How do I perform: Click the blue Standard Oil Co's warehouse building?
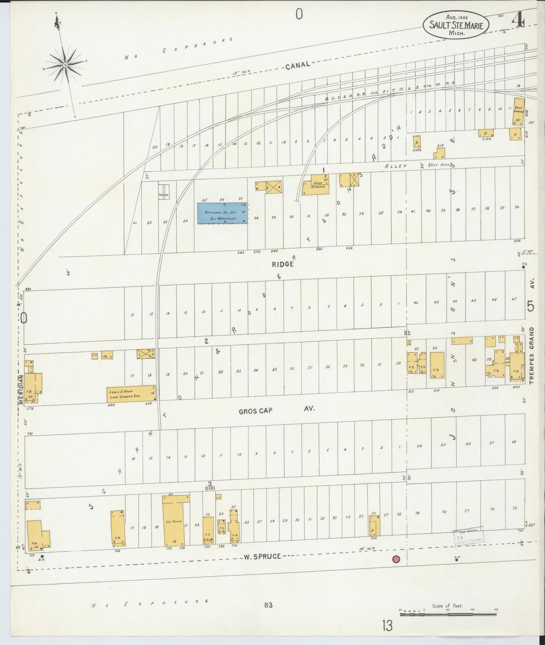tap(223, 213)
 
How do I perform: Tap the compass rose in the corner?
tap(65, 65)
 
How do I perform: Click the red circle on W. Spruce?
tap(396, 559)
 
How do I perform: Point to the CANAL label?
tap(298, 65)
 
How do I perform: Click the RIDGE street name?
tap(282, 264)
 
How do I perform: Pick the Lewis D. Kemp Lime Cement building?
tap(131, 394)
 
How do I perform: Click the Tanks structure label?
tap(164, 195)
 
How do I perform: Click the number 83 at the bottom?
tap(268, 605)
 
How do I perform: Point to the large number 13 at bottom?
tap(387, 626)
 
